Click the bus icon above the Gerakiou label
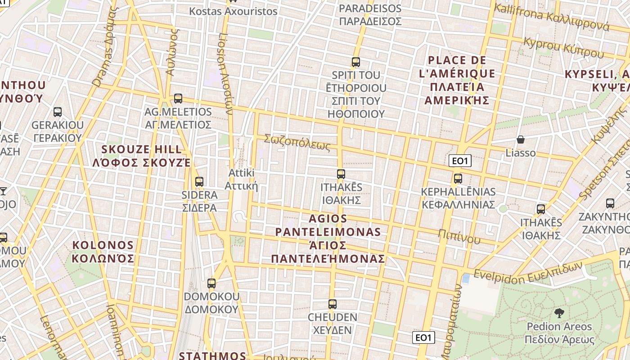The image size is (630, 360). [58, 112]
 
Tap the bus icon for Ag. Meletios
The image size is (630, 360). [178, 99]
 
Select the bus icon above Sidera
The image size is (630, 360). [199, 182]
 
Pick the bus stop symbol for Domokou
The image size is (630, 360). [211, 283]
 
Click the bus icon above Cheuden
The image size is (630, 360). [333, 304]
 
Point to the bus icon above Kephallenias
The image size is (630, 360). [458, 179]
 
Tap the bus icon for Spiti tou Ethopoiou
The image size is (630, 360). [356, 62]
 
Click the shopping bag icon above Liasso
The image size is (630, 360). [521, 140]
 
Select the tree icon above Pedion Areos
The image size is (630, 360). [559, 313]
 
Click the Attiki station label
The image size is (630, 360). [242, 179]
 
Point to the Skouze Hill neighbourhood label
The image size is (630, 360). [142, 156]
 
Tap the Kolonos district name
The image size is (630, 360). [103, 252]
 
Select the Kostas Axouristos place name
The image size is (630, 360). [233, 11]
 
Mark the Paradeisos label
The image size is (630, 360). [370, 15]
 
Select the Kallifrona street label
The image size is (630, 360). [551, 16]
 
